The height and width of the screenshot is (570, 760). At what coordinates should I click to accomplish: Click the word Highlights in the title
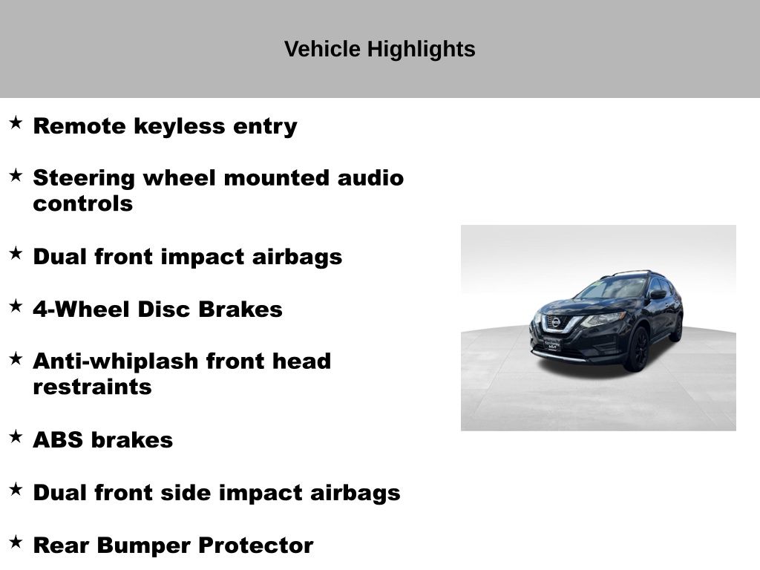(421, 50)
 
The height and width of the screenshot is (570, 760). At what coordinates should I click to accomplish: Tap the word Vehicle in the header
(322, 49)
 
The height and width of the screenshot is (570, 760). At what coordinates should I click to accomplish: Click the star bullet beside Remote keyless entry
(16, 122)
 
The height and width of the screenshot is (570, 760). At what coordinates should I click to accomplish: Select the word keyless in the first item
(180, 126)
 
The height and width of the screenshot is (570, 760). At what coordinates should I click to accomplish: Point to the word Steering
(84, 178)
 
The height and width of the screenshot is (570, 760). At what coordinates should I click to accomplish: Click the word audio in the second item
(370, 177)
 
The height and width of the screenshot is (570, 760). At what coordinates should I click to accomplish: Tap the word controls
(83, 203)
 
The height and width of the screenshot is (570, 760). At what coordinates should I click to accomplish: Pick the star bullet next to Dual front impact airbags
(16, 253)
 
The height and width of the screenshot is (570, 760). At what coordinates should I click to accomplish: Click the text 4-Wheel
(81, 309)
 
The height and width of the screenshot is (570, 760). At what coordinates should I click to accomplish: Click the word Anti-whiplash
(115, 361)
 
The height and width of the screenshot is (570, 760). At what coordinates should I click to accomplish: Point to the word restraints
(92, 387)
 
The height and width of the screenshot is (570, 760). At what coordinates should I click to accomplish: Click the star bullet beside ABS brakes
(16, 436)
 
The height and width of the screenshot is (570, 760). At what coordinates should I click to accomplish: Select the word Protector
(256, 546)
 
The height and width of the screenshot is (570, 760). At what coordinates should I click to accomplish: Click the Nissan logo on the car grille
(557, 322)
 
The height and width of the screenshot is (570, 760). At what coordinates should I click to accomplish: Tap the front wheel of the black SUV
(638, 349)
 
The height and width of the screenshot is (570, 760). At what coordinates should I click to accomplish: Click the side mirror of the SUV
(658, 294)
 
